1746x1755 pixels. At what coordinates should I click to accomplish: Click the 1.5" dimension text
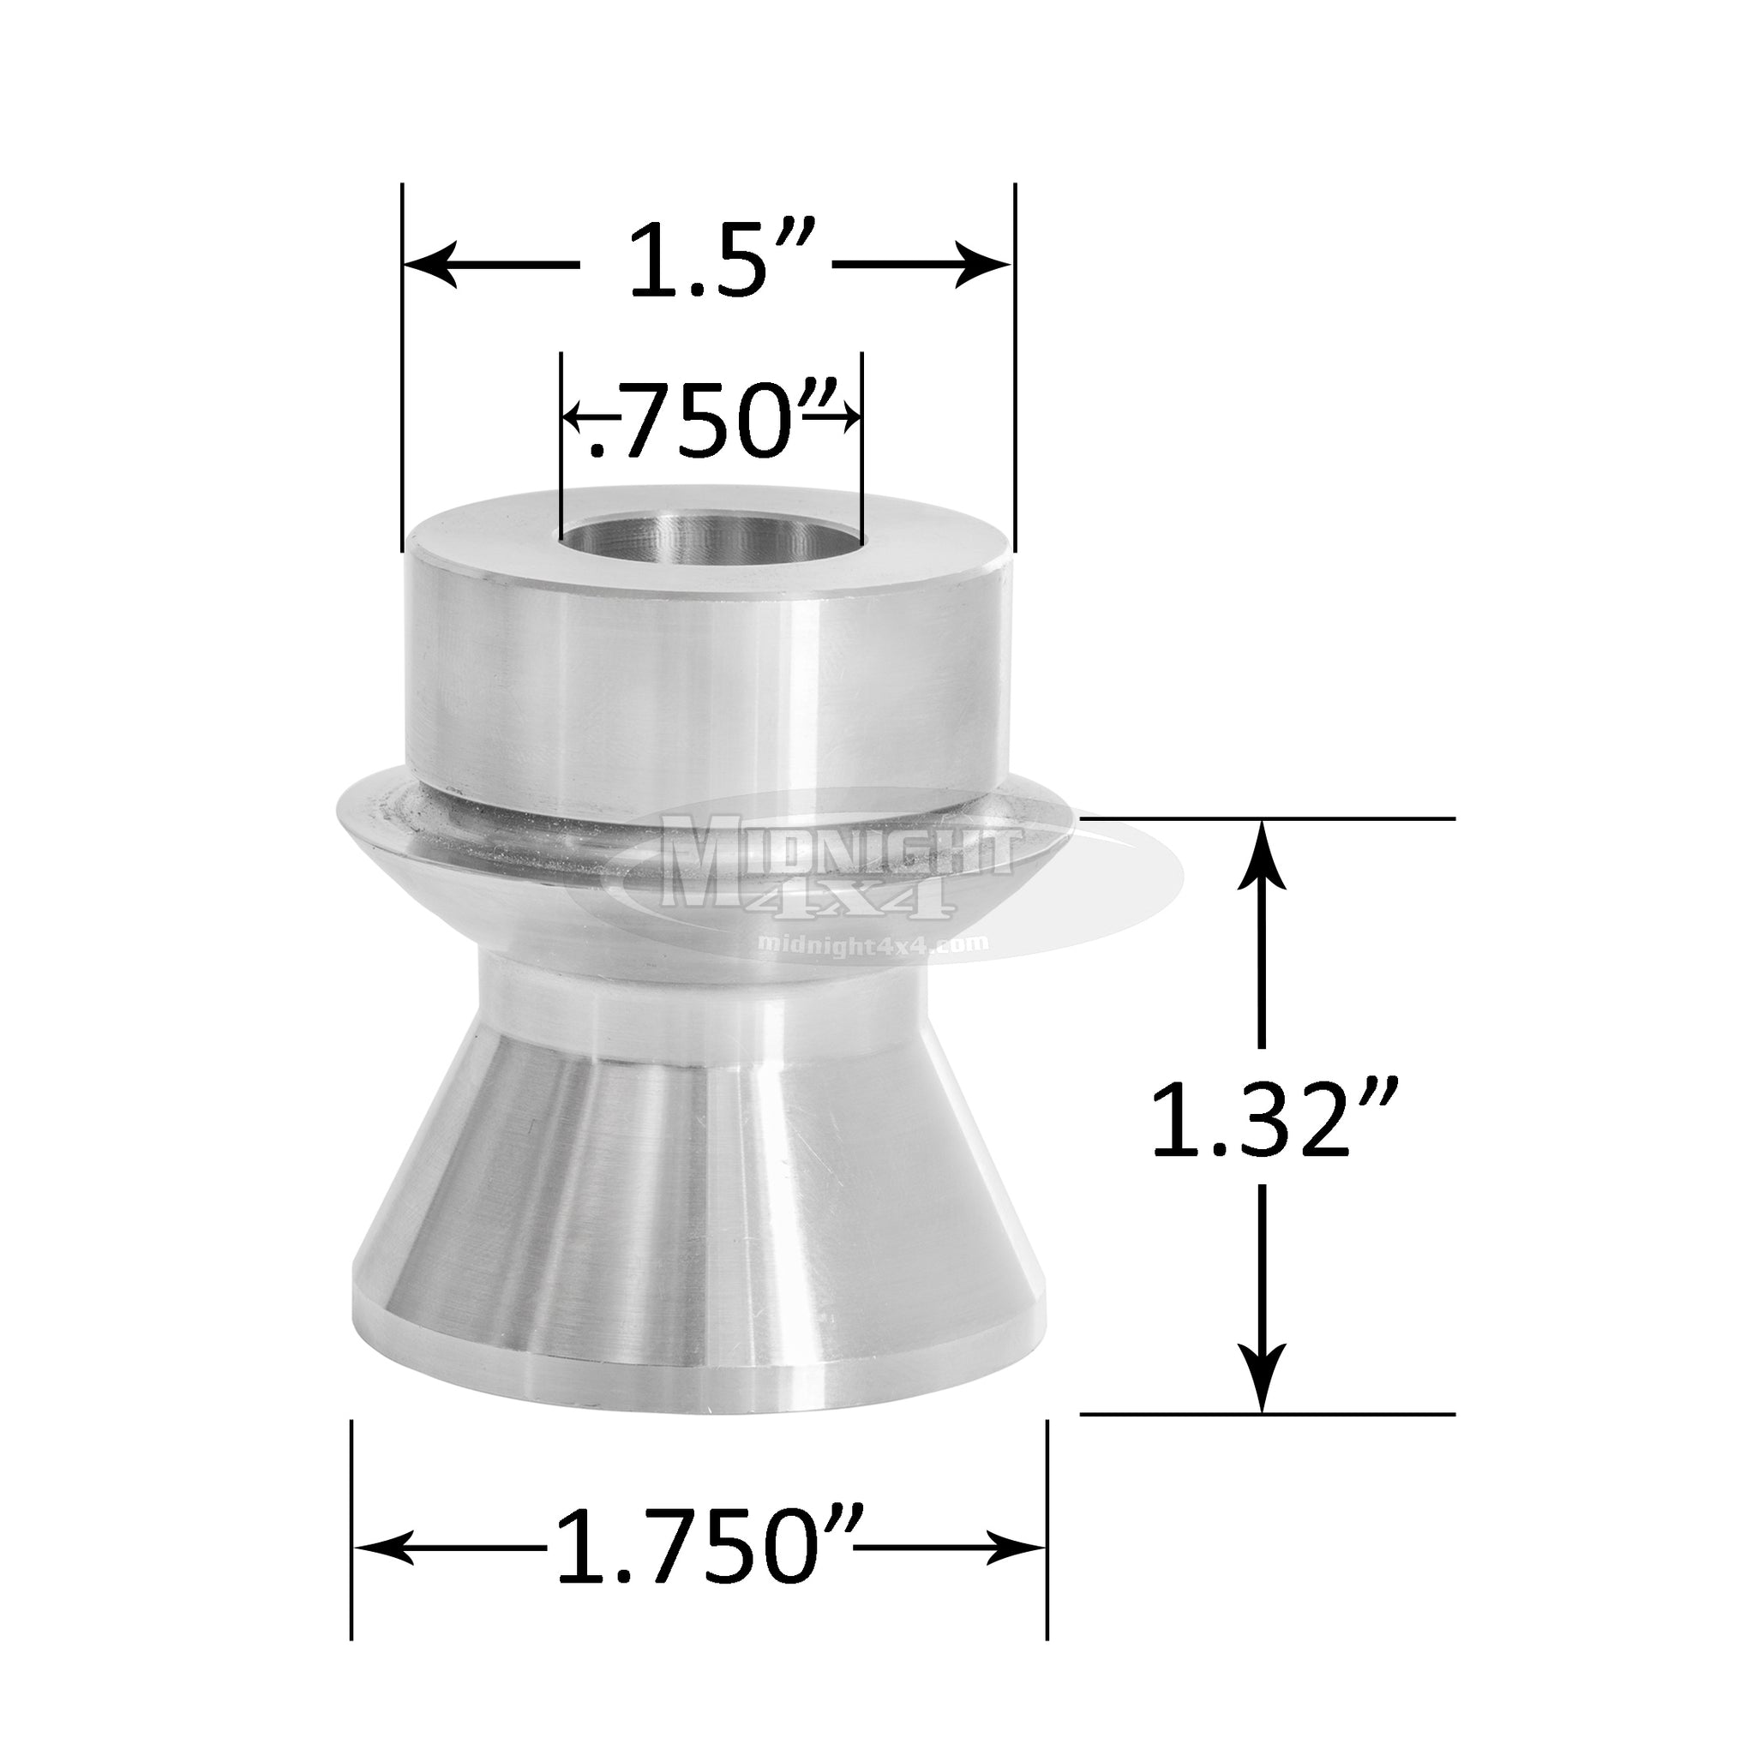coord(705,266)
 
